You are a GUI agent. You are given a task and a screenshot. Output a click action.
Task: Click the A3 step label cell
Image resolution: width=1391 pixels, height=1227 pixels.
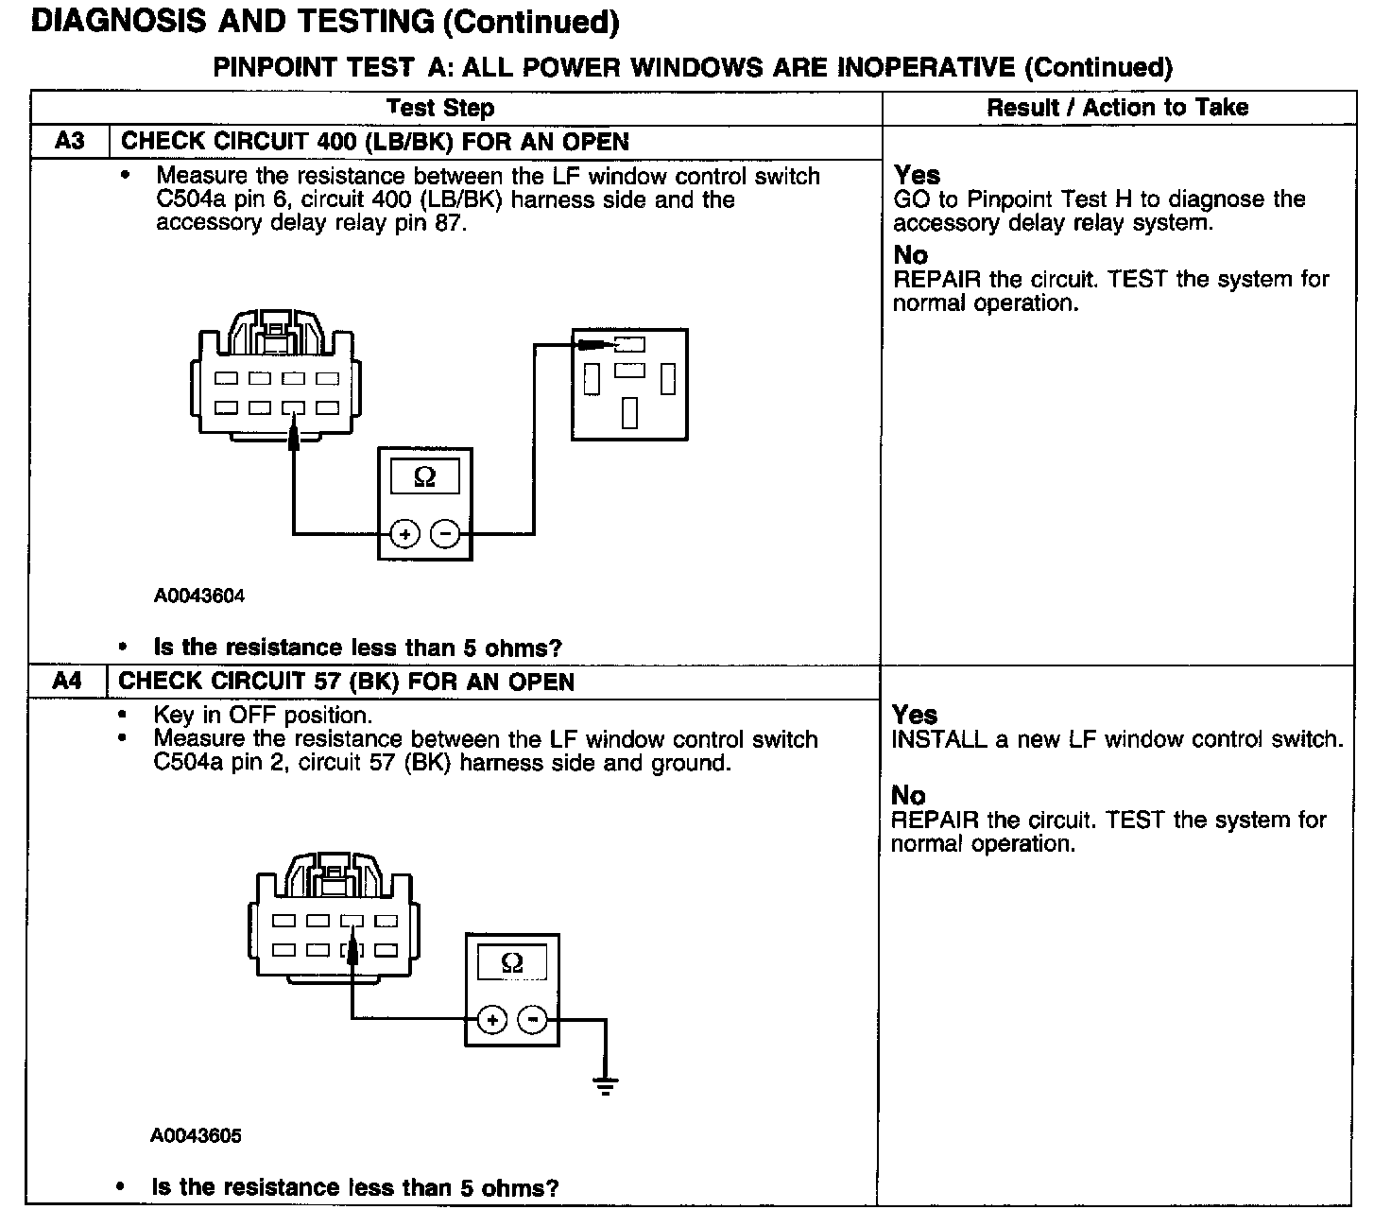70,142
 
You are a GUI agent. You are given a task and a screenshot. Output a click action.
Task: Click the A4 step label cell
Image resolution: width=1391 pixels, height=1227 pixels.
67,682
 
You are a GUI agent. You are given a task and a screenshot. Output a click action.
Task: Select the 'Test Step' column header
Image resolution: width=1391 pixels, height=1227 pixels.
440,108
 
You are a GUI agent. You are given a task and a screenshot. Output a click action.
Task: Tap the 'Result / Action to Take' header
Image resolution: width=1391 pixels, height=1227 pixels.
1117,108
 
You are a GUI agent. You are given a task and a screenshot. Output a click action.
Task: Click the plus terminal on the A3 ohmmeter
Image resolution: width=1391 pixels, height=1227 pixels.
404,535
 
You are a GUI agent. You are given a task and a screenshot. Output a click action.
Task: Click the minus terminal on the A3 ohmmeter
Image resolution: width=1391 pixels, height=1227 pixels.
444,535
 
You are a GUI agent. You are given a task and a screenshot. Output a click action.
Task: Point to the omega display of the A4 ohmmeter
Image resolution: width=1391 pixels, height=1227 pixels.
511,963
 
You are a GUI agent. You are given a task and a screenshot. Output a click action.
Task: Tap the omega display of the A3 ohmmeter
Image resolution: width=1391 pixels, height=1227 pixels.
424,477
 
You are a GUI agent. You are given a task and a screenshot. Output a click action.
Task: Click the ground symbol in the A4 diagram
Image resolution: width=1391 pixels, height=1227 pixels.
606,1084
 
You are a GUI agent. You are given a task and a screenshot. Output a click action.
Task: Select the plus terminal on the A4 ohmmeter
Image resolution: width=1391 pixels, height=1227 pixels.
492,1019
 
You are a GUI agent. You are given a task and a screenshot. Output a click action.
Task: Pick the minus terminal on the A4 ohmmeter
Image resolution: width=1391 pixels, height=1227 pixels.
533,1019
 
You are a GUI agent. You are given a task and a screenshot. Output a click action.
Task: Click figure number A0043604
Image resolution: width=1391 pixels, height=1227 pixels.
199,596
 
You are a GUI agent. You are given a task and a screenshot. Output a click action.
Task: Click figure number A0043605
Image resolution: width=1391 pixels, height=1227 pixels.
196,1135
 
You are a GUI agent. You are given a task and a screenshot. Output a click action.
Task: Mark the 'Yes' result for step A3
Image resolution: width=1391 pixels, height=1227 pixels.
917,175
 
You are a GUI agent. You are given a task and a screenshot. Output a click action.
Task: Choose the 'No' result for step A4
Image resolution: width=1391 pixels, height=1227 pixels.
908,795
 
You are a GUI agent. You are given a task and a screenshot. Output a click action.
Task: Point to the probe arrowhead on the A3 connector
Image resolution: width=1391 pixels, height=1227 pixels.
294,434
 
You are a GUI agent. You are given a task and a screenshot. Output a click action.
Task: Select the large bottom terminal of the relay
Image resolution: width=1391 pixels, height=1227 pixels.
629,412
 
